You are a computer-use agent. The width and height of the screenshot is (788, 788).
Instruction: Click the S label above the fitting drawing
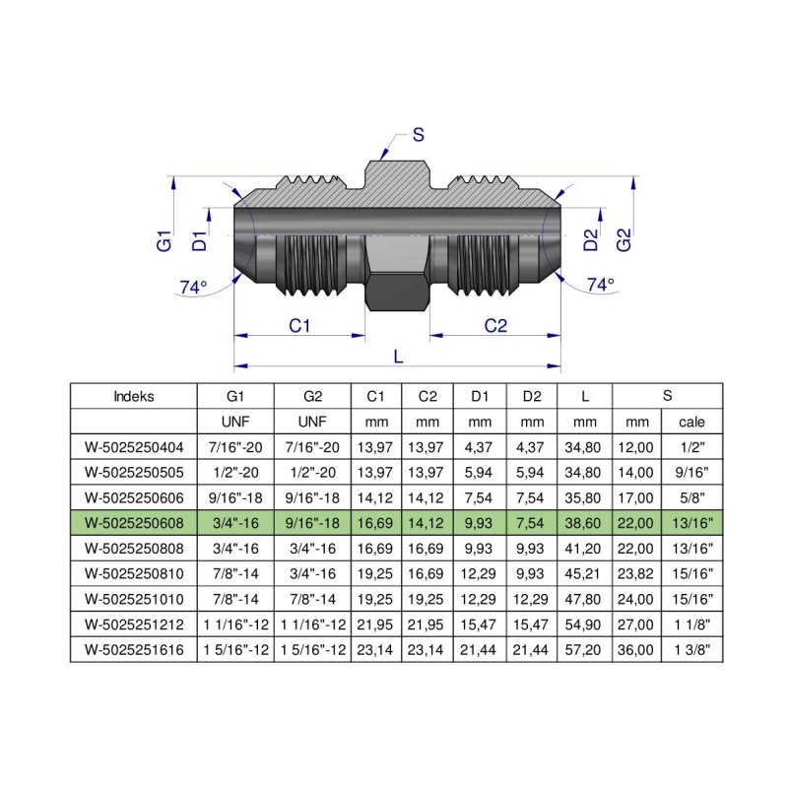(418, 136)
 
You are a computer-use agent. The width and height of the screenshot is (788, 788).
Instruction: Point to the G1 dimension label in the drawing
(164, 239)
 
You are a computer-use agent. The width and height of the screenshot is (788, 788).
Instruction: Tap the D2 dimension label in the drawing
(591, 239)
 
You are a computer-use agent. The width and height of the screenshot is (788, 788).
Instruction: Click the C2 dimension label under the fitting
(495, 326)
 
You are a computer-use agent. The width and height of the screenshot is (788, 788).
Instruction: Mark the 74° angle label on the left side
(193, 287)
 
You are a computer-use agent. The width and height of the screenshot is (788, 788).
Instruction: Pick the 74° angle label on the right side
(600, 285)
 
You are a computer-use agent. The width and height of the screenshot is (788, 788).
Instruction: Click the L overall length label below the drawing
(398, 358)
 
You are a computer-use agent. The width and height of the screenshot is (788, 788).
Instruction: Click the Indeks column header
(134, 397)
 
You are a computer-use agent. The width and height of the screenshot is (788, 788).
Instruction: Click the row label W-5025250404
(134, 447)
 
